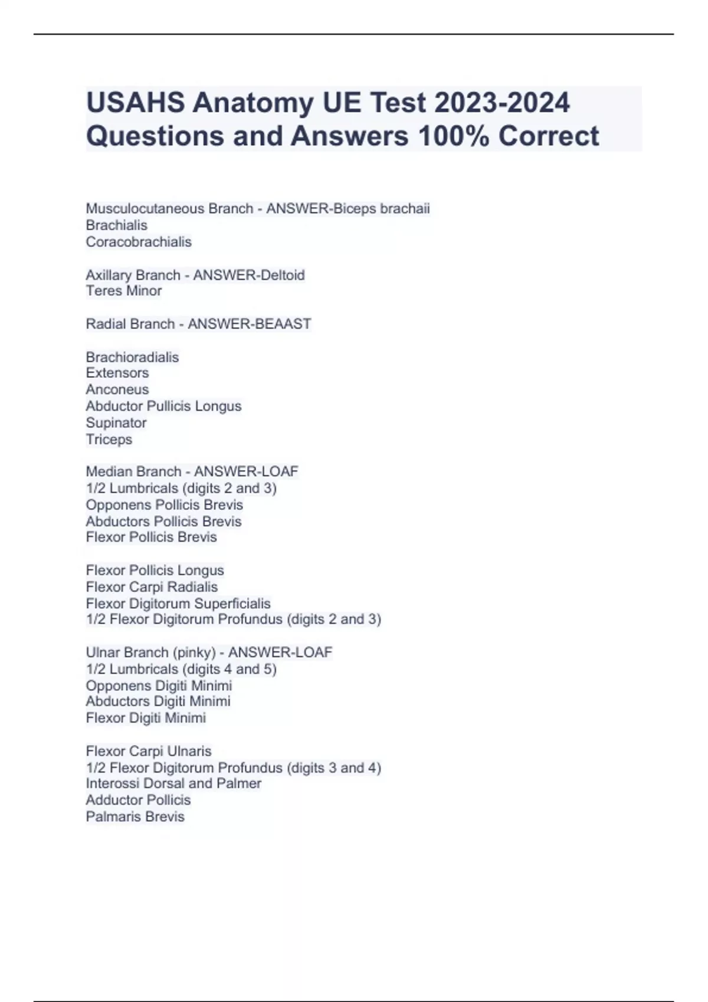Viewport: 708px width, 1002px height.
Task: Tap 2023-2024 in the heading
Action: pyautogui.click(x=502, y=103)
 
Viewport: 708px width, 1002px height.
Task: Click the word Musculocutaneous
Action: pyautogui.click(x=169, y=209)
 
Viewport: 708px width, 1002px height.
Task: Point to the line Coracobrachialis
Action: pyautogui.click(x=139, y=242)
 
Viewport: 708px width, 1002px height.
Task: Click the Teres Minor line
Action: pyautogui.click(x=124, y=291)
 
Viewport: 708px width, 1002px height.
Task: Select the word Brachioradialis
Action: pyautogui.click(x=132, y=357)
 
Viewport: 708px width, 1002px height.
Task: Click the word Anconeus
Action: pyautogui.click(x=117, y=390)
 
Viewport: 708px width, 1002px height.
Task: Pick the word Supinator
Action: pyautogui.click(x=116, y=423)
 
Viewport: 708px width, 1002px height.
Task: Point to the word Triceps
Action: pyautogui.click(x=109, y=439)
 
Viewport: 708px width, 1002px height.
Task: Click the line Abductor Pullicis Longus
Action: pyautogui.click(x=163, y=406)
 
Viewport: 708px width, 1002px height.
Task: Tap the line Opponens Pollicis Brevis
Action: pyautogui.click(x=164, y=505)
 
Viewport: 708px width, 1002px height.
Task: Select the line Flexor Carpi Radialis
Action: pyautogui.click(x=152, y=587)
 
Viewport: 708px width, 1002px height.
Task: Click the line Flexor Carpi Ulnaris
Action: pyautogui.click(x=148, y=751)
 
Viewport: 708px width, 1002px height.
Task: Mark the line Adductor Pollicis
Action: pyautogui.click(x=138, y=800)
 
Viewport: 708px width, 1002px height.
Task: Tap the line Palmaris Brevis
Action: pyautogui.click(x=135, y=816)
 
